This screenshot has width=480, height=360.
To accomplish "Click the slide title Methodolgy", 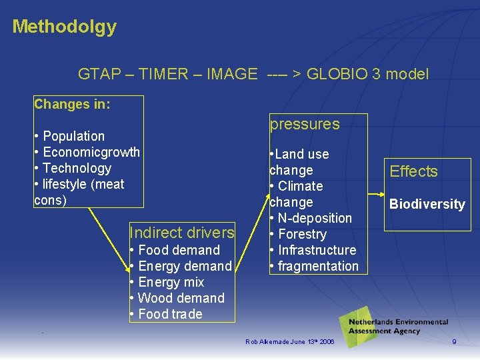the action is click(x=64, y=27).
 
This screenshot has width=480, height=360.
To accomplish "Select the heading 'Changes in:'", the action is click(x=72, y=104).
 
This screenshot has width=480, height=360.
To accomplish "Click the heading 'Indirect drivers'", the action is click(x=182, y=233).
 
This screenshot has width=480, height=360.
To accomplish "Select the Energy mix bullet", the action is click(x=171, y=282).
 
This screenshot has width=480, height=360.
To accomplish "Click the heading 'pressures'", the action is click(x=304, y=124).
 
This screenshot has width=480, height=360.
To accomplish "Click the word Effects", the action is click(x=413, y=171).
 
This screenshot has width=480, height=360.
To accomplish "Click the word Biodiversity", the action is click(x=427, y=204).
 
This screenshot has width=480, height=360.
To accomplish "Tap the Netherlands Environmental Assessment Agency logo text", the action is click(x=398, y=326).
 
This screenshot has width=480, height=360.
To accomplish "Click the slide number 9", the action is click(x=454, y=342).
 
